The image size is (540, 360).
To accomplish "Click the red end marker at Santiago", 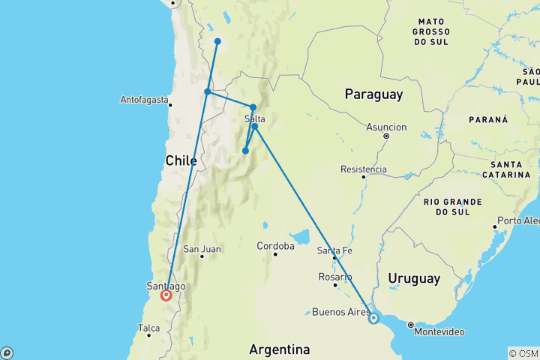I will pyautogui.click(x=166, y=295).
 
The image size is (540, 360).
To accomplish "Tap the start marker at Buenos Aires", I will pyautogui.click(x=373, y=319).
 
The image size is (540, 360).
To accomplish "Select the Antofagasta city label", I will pyautogui.click(x=144, y=100).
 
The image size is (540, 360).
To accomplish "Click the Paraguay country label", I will pyautogui.click(x=373, y=94).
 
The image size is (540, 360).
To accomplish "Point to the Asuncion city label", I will pyautogui.click(x=386, y=127).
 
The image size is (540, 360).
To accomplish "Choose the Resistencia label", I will pyautogui.click(x=364, y=169).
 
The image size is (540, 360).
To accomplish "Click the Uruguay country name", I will pyautogui.click(x=414, y=278).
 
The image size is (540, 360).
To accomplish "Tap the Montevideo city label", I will pyautogui.click(x=439, y=331).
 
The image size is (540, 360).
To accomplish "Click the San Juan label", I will pyautogui.click(x=201, y=249).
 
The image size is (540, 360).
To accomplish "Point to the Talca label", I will pyautogui.click(x=149, y=328).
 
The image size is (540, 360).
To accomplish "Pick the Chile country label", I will pyautogui.click(x=181, y=160).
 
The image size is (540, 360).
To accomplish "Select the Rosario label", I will pyautogui.click(x=334, y=277).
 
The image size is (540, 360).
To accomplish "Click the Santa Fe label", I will pyautogui.click(x=334, y=250).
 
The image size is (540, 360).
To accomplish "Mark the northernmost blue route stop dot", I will pyautogui.click(x=217, y=41).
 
